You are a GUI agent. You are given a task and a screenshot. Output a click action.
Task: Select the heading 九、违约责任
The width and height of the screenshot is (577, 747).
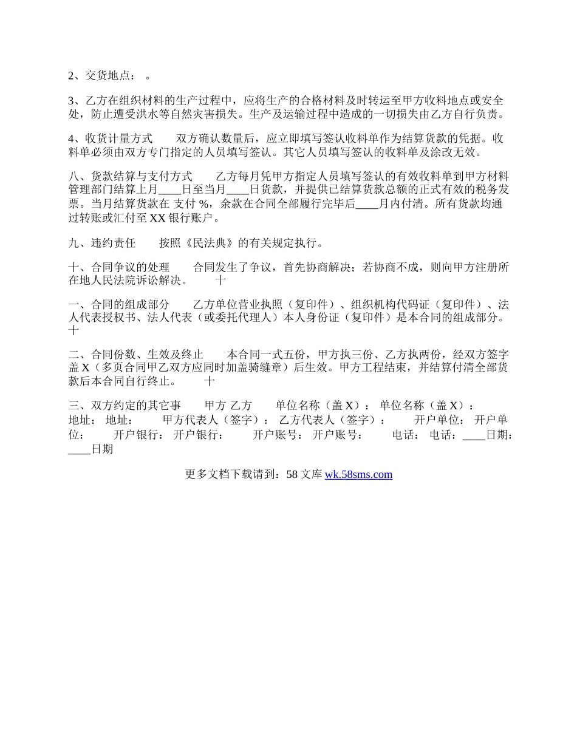tap(101, 244)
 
